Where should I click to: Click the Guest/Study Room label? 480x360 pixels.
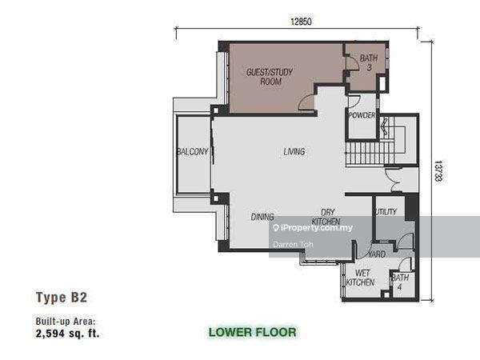tap(270, 77)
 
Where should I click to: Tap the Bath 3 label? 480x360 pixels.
tap(369, 62)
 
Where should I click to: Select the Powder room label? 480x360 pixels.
tap(362, 115)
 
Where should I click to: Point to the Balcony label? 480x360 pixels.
tap(192, 151)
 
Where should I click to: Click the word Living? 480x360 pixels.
tap(294, 151)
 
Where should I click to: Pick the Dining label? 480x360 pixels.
tap(262, 217)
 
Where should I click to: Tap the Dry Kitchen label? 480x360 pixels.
tap(326, 217)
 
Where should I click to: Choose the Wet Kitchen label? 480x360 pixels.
tap(360, 278)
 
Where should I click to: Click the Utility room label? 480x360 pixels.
tap(385, 211)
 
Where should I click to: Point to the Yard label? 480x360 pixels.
tap(377, 254)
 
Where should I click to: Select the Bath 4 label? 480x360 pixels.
tap(400, 282)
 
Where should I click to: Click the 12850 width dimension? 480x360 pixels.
tap(302, 22)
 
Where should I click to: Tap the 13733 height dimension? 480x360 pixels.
tap(438, 171)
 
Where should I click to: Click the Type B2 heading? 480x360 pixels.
tap(62, 298)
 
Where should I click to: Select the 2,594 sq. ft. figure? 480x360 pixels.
tap(68, 333)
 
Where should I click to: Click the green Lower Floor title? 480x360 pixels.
tap(253, 332)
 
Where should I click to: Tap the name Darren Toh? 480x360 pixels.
tap(293, 244)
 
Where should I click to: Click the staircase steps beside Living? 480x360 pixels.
tap(370, 154)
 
